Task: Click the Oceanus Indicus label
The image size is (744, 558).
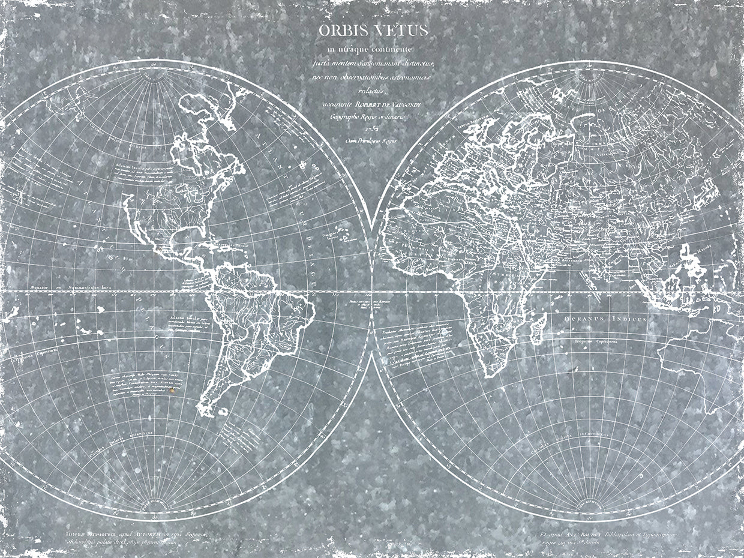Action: [605, 319]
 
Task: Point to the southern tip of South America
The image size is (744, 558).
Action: [206, 413]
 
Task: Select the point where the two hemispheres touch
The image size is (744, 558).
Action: [372, 292]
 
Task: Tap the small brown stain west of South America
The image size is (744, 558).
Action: [173, 390]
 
